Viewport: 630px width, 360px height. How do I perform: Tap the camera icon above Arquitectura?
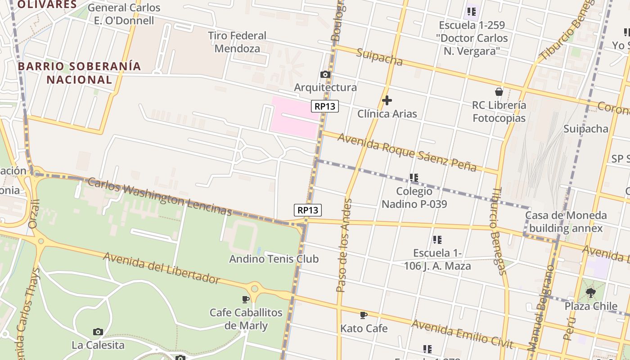click(325, 75)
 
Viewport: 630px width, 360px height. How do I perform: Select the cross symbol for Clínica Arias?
click(387, 100)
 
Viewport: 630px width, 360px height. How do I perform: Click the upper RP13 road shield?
click(324, 107)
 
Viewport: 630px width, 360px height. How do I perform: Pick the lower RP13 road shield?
click(308, 210)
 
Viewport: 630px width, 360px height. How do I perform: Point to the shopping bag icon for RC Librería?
click(499, 92)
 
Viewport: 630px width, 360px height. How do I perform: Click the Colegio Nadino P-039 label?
click(414, 198)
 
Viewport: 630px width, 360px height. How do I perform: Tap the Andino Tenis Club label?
click(274, 259)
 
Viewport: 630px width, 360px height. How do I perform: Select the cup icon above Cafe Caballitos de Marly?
click(246, 299)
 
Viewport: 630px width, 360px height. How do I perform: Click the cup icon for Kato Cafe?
click(364, 315)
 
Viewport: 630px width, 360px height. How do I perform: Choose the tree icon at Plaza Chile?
click(591, 293)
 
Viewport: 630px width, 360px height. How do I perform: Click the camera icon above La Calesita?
click(98, 332)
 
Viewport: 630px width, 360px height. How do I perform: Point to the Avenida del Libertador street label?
click(162, 268)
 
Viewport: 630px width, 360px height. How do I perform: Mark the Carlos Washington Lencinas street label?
click(160, 197)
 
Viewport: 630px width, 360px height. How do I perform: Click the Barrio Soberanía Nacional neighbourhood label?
click(79, 73)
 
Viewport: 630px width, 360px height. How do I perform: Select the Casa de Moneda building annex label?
click(566, 222)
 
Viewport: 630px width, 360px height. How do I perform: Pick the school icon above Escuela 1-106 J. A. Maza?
click(437, 240)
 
